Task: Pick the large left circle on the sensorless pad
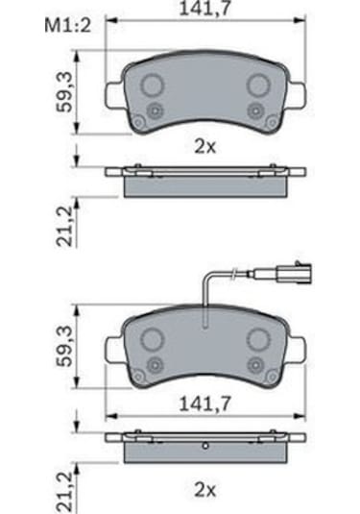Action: pos(153,86)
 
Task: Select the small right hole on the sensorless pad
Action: pos(257,110)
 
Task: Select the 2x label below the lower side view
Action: pos(204,490)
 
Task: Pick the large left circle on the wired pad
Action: pos(153,339)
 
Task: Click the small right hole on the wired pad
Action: pos(257,364)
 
